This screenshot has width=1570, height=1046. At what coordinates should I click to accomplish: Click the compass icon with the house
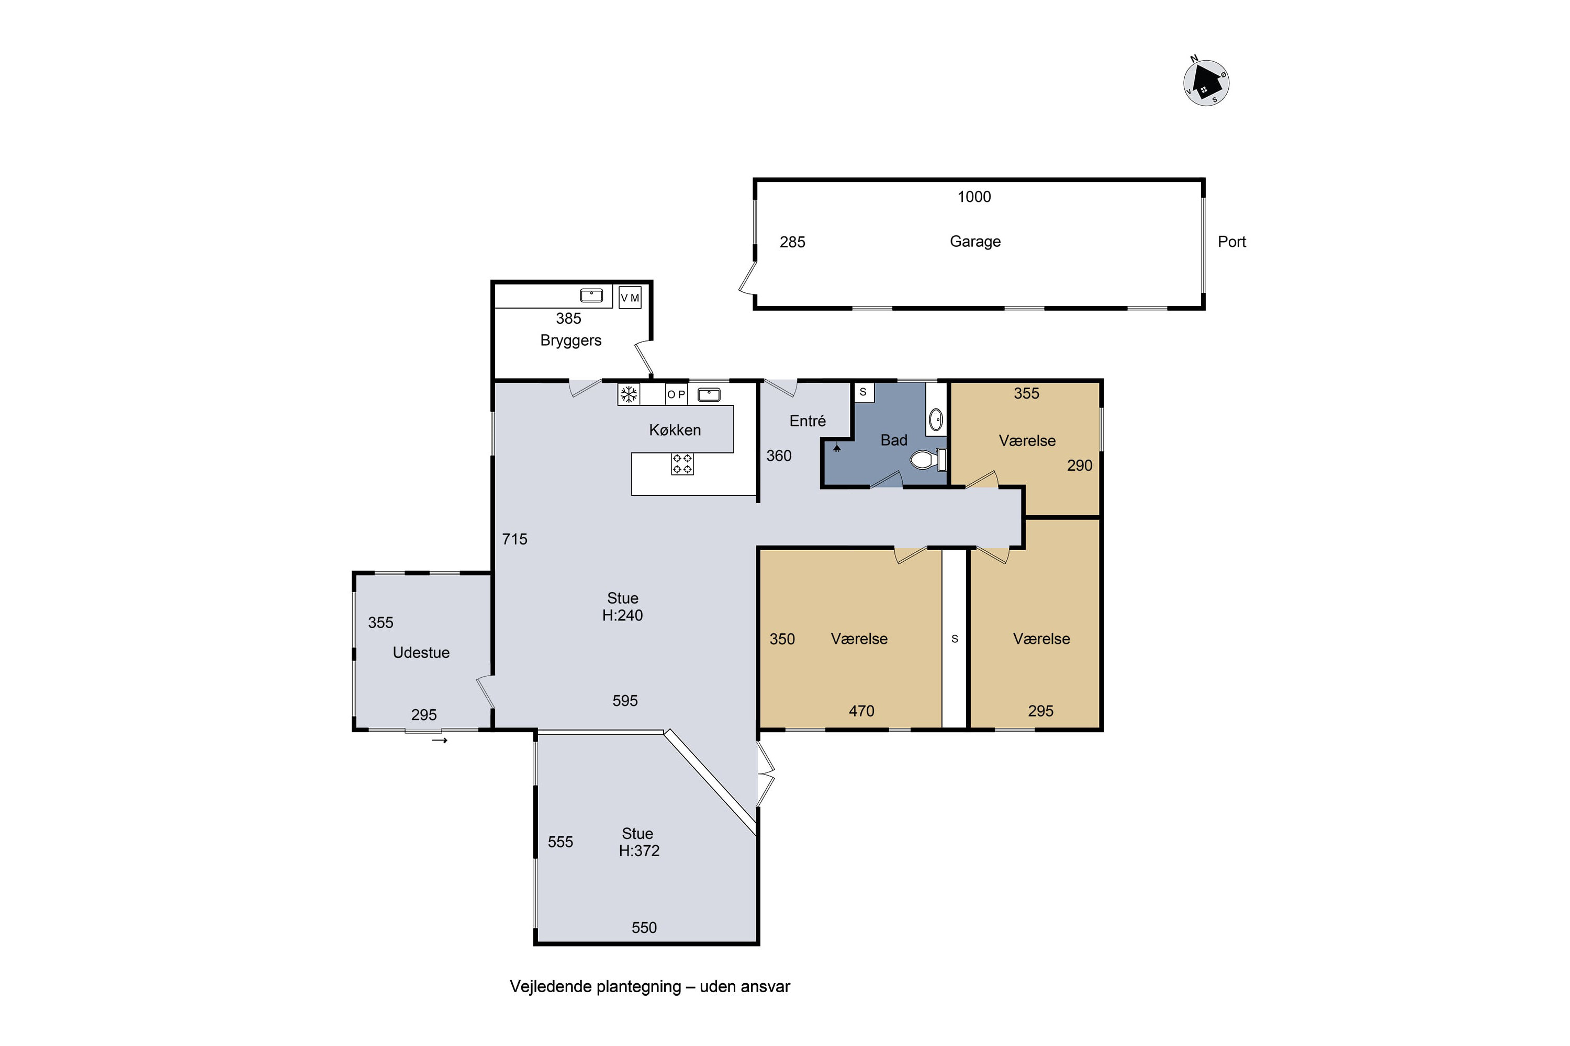pos(1206,82)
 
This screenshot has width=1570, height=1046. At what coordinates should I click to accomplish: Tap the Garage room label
pos(975,242)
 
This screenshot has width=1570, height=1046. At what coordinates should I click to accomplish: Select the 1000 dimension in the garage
pos(974,197)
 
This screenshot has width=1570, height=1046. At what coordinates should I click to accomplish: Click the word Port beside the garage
pos(1231,242)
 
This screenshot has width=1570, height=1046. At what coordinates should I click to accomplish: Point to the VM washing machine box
pos(630,298)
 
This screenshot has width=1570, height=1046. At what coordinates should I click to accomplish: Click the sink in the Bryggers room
pos(591,295)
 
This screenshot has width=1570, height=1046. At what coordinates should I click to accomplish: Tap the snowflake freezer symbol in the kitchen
pos(628,394)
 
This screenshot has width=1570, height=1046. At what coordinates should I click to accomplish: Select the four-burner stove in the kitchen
pos(682,463)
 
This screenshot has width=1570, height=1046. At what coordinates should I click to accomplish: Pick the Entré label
pos(807,421)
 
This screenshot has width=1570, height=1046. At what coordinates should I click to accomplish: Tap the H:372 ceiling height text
pos(639,850)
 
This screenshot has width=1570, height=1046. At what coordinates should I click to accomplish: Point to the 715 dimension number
pos(514,539)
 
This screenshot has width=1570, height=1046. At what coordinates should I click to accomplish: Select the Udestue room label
pos(421,652)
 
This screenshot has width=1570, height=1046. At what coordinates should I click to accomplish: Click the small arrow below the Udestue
pos(439,741)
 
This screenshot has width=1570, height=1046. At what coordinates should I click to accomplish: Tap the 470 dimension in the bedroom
pos(861,711)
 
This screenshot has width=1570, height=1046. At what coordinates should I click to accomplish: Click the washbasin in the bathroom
pos(936,419)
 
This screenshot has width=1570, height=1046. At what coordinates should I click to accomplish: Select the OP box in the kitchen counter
pos(676,394)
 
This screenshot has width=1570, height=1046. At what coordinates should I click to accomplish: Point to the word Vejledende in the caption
pos(548,986)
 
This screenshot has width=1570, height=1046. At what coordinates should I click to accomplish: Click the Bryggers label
pos(571,341)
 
